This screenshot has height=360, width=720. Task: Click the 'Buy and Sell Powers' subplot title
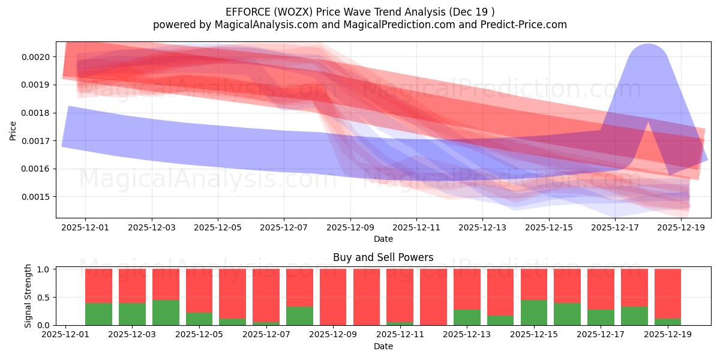pos(383,257)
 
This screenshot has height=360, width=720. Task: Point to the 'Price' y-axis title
pos(13,130)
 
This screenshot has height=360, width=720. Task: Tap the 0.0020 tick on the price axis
pos(37,57)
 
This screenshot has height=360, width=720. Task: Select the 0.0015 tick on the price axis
pos(37,197)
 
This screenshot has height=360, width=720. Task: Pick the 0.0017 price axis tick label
pos(37,141)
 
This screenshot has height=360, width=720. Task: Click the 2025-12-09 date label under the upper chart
pos(350,227)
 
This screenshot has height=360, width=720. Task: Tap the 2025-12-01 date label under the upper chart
pos(85,227)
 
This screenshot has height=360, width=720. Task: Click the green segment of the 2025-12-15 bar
pos(534,313)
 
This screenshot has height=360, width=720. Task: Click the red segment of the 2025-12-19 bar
pos(668,293)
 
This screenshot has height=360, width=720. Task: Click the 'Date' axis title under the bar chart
pos(383,346)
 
